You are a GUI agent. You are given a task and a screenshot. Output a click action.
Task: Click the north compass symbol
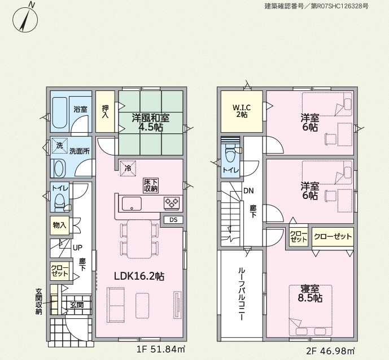pyautogui.click(x=25, y=19)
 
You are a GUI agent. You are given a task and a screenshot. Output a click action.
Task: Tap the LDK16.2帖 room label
pyautogui.click(x=139, y=276)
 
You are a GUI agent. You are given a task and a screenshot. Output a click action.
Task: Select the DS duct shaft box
pyautogui.click(x=174, y=220)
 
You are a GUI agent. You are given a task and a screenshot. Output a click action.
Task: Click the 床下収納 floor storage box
pyautogui.click(x=151, y=185)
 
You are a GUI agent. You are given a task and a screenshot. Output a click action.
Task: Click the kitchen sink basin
pyautogui.click(x=132, y=203)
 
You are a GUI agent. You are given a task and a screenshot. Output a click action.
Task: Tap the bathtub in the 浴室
pyautogui.click(x=60, y=112)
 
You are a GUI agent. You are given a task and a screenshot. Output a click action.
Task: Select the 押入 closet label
pyautogui.click(x=105, y=112)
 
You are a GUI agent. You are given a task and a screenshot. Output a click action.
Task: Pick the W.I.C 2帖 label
pyautogui.click(x=242, y=111)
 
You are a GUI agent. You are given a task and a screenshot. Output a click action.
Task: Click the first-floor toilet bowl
pyautogui.click(x=59, y=200)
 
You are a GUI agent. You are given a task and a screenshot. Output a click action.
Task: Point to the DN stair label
pyautogui.click(x=248, y=190)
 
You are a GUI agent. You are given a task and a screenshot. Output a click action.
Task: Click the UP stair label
pyautogui.click(x=78, y=248)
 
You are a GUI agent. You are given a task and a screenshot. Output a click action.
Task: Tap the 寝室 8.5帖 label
pyautogui.click(x=310, y=293)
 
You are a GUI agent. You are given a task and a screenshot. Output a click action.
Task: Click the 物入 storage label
pyautogui.click(x=59, y=225)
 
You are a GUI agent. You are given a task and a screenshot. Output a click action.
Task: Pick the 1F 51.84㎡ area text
pyautogui.click(x=161, y=349)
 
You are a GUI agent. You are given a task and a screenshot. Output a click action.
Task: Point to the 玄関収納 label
pyautogui.click(x=39, y=301)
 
